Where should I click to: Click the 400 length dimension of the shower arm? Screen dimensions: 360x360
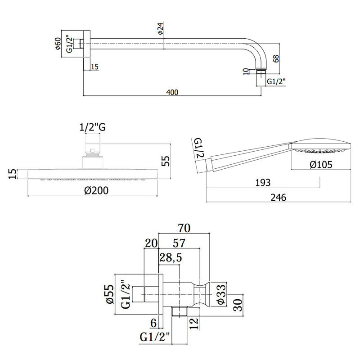[x=172, y=92]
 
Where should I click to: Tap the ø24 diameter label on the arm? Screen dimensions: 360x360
[x=161, y=28]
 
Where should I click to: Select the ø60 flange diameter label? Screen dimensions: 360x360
[x=58, y=44]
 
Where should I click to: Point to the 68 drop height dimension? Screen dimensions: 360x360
[x=276, y=58]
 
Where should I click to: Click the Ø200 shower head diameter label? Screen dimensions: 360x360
[x=96, y=190]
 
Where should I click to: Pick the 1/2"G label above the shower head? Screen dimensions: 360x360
[x=93, y=127]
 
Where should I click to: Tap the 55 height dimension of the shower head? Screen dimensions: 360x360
[x=166, y=161]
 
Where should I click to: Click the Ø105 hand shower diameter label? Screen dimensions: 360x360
[x=321, y=165]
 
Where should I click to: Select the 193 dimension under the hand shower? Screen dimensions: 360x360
[x=263, y=183]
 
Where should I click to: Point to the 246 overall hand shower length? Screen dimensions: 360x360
[x=279, y=198]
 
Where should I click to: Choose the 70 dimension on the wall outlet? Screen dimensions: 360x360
[x=184, y=228]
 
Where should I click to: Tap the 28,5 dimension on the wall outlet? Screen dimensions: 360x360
[x=171, y=257]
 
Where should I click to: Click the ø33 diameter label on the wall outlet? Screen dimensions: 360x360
[x=221, y=294]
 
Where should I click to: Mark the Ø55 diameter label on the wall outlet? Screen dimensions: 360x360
[x=110, y=294]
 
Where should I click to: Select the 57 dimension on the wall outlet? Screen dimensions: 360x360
[x=179, y=243]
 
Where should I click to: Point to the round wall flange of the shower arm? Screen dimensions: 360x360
[x=86, y=44]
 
